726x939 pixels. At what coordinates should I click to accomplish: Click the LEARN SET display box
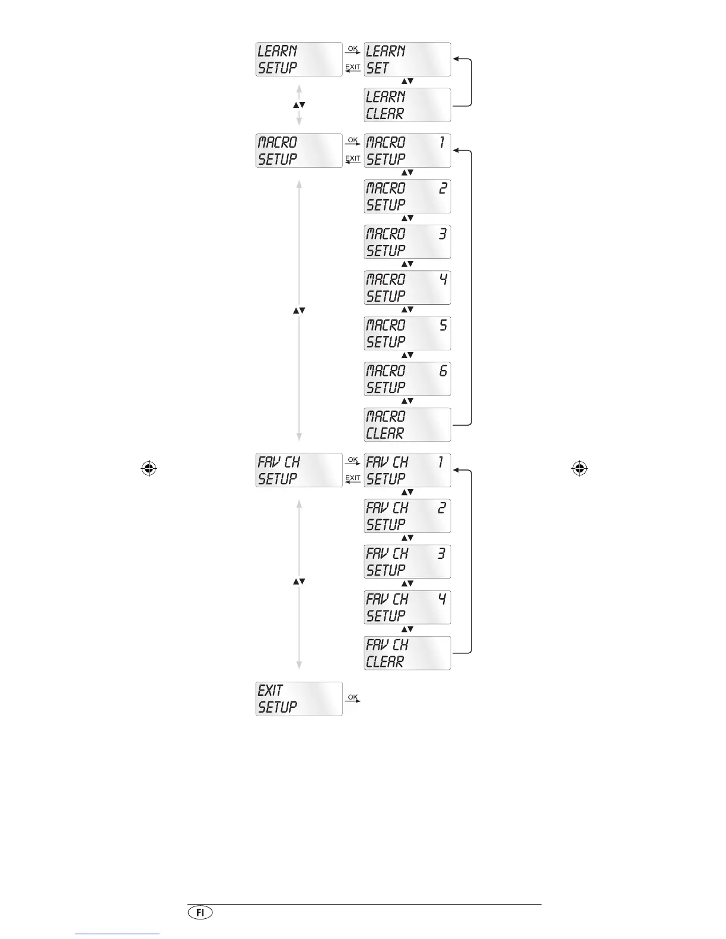point(407,59)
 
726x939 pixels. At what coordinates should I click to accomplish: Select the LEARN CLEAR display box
point(407,105)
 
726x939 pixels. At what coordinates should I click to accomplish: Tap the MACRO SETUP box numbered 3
point(407,242)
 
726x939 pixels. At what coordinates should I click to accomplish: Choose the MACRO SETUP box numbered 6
point(407,379)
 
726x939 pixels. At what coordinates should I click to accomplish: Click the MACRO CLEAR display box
point(407,424)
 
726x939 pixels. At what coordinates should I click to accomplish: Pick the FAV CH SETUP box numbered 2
point(407,516)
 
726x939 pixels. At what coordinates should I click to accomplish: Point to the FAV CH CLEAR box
point(407,653)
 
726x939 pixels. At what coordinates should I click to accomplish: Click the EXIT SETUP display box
point(299,698)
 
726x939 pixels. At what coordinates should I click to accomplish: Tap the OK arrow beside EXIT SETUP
point(353,698)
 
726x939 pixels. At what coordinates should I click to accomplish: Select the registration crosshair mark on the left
point(149,469)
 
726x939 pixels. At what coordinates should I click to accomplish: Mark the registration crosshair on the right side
point(579,469)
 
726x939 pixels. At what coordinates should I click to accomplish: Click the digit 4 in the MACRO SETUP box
point(443,279)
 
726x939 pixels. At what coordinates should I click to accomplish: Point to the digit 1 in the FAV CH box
point(441,462)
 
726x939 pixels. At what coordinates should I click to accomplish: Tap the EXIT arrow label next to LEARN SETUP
point(353,68)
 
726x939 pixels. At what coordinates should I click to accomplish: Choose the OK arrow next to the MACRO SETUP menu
point(353,141)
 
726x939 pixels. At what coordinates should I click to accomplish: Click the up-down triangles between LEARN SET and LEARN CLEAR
point(407,81)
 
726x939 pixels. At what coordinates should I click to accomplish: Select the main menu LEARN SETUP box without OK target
point(299,59)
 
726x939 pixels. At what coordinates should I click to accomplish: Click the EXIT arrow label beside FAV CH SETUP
point(353,479)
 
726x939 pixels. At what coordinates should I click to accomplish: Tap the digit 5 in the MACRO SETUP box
point(443,325)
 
